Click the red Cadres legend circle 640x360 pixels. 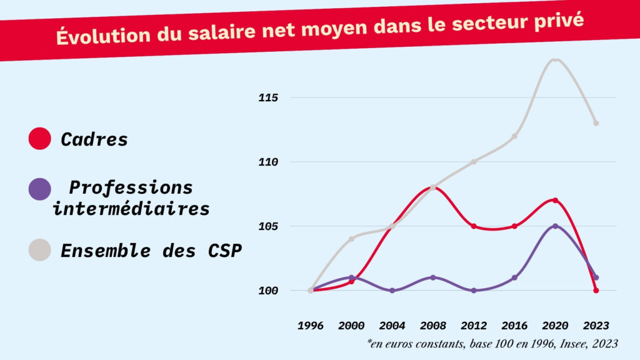[40, 139]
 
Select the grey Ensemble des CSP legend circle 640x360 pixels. [40, 250]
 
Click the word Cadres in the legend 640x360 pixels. [94, 139]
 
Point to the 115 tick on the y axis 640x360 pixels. [269, 97]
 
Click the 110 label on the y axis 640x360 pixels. [269, 162]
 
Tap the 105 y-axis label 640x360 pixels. [269, 226]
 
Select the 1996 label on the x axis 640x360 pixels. [311, 326]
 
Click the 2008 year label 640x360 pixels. [432, 326]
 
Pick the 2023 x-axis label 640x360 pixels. [595, 326]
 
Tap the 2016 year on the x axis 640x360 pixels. [514, 326]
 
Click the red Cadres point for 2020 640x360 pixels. [555, 200]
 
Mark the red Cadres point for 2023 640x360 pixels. [596, 291]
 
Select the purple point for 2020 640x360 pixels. [555, 226]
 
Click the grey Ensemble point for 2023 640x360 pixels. [596, 123]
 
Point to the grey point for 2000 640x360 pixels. [351, 239]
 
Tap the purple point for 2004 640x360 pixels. [392, 291]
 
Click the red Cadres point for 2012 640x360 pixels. [474, 226]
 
